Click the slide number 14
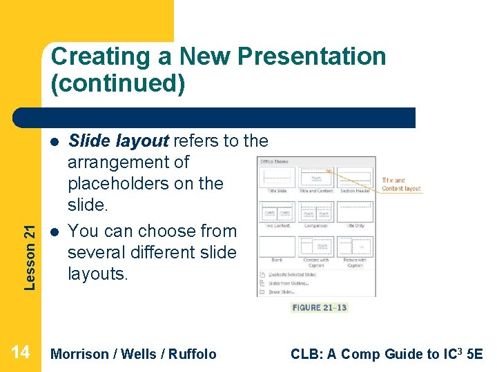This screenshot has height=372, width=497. coord(21,353)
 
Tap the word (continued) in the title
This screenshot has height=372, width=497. coord(118,83)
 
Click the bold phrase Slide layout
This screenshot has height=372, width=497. coord(118,141)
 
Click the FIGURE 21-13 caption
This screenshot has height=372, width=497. coord(320,307)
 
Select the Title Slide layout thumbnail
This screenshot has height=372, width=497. coord(277,177)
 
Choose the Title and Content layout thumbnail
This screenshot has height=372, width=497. coord(317,177)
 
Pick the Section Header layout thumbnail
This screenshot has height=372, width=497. coord(355,177)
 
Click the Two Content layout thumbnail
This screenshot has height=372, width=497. coord(277,212)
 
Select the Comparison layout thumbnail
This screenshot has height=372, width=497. coord(317,212)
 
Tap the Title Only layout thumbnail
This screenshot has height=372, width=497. coord(355,212)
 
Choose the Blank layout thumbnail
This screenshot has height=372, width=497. coord(277,247)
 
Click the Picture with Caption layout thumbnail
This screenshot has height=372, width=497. coord(355,247)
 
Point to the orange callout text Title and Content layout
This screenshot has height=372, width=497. coord(401,185)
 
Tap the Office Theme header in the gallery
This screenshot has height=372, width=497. coord(274,161)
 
